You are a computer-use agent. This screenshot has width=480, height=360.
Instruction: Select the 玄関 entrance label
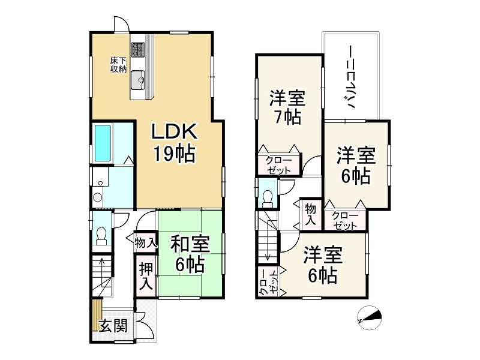(x=113, y=326)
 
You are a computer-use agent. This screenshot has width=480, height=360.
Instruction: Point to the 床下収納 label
(x=118, y=65)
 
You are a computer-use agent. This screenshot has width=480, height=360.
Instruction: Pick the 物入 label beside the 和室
(x=146, y=242)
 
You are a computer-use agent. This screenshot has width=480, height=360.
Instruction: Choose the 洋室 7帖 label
(x=287, y=106)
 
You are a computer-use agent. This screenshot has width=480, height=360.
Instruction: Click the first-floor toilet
(x=101, y=235)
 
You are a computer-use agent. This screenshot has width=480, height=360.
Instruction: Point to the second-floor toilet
(x=268, y=199)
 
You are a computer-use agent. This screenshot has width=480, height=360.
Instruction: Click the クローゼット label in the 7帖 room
(x=275, y=165)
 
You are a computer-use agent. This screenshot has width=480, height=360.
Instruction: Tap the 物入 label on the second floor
(x=310, y=214)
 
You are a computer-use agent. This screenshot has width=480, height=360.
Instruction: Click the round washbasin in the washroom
(x=98, y=197)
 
